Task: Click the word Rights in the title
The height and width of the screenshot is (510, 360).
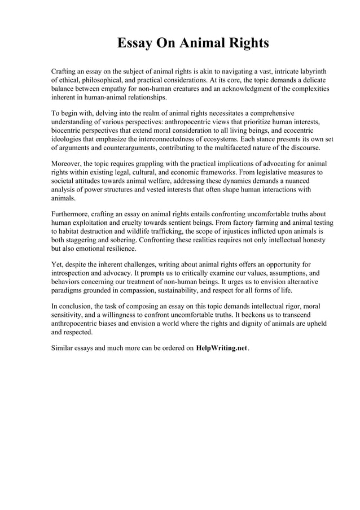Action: [247, 43]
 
